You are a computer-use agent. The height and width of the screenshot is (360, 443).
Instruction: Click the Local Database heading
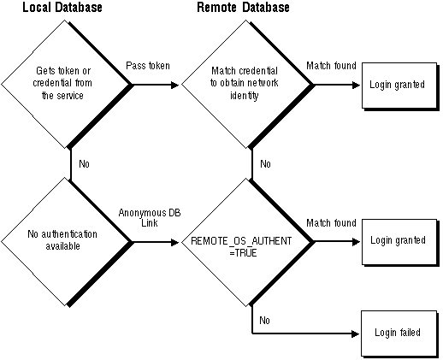point(62,7)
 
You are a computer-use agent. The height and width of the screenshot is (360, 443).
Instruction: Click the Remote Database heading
point(243,7)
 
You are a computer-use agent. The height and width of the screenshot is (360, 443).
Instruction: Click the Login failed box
point(399,333)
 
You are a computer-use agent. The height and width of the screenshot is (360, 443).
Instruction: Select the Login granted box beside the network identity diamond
point(400,86)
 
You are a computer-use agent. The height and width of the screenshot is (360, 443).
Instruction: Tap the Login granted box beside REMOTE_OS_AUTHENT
point(400,243)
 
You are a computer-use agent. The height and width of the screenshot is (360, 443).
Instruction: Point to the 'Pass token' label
point(148,66)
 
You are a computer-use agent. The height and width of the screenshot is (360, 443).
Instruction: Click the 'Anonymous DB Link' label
point(150,218)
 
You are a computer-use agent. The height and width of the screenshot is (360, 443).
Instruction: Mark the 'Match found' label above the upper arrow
point(331,66)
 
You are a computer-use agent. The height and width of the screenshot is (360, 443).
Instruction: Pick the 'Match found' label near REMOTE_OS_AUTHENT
point(331,222)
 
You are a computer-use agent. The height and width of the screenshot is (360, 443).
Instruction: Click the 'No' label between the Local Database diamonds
point(84,164)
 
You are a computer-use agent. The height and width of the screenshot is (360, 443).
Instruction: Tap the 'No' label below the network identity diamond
point(265,164)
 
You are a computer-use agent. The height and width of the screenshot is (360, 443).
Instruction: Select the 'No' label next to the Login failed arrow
point(264,321)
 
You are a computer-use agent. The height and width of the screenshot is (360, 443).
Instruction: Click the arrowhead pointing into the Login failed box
point(355,333)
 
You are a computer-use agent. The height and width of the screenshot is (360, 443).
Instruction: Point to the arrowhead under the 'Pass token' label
point(174,85)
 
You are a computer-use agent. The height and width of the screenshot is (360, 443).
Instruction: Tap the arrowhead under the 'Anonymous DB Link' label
point(174,242)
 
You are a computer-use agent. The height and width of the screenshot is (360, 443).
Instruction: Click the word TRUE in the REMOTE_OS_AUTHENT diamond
point(245,253)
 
